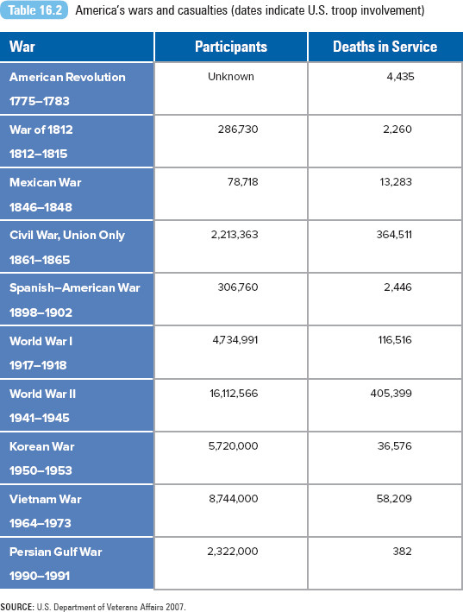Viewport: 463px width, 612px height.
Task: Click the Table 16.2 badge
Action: coord(34,10)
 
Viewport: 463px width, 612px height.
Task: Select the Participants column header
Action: coord(231,47)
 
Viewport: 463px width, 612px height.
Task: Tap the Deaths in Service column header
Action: coord(385,47)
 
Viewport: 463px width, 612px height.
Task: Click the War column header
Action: coord(22,47)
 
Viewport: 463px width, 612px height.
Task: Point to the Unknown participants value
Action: coord(231,77)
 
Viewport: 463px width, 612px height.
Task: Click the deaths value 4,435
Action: coord(400,77)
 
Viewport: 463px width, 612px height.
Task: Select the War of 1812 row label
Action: coord(41,129)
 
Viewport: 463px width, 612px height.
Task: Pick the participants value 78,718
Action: coord(243,182)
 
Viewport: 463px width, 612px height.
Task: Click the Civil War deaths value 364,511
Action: coord(394,235)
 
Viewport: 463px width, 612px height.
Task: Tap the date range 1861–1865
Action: coord(40,260)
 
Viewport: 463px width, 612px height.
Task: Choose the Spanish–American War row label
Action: coord(74,287)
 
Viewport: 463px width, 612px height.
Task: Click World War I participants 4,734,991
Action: coord(235,340)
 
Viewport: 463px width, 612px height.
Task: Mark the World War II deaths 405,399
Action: coord(391,393)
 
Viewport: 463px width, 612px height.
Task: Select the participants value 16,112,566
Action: coord(234,393)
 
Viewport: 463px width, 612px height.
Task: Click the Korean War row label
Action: coord(41,446)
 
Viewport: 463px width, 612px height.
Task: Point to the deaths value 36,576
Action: coord(394,445)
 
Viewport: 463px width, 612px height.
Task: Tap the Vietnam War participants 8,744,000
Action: coord(234,498)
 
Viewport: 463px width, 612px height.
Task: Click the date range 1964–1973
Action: coord(41,523)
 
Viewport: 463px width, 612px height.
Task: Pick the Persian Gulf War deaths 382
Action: coord(402,551)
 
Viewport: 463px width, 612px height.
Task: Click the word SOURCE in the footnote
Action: coord(16,607)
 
